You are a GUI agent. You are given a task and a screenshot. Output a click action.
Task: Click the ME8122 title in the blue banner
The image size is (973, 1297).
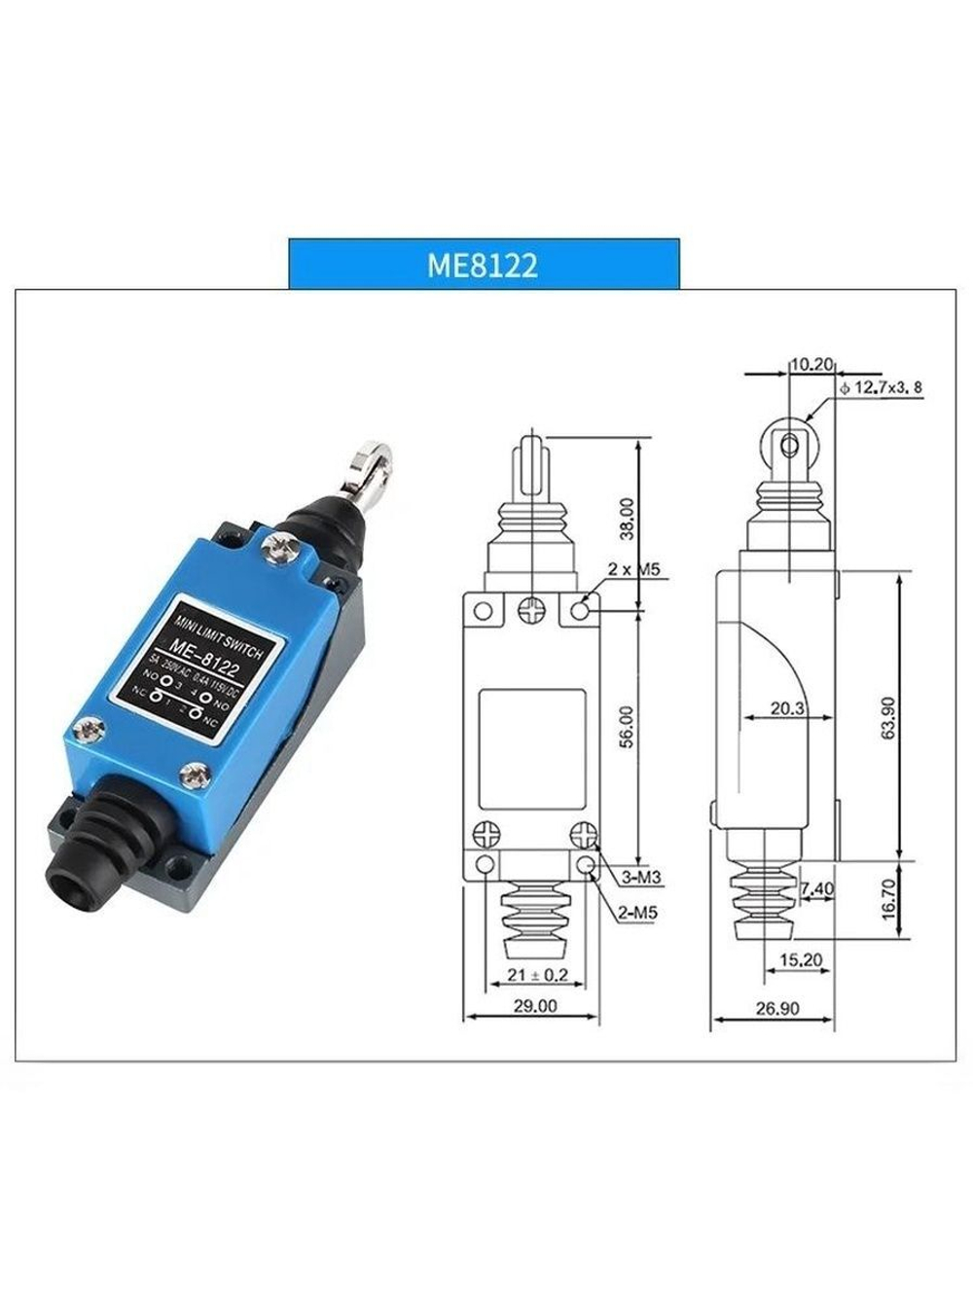(483, 266)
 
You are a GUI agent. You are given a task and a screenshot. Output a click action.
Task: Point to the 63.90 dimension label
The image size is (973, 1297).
(887, 718)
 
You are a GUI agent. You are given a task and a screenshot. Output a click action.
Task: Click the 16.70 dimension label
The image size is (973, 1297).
(887, 901)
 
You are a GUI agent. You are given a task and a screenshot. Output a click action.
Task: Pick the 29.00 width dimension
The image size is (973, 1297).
(534, 1006)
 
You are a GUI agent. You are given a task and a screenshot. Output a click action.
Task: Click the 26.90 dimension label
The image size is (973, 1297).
(776, 1009)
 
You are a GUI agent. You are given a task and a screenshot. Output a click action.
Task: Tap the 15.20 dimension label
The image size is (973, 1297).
(800, 960)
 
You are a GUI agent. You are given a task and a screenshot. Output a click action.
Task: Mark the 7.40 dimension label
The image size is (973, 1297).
(815, 888)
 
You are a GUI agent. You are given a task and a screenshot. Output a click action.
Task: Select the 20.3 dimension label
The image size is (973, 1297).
(787, 709)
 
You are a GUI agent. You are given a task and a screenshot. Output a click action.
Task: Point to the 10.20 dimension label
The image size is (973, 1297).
(811, 365)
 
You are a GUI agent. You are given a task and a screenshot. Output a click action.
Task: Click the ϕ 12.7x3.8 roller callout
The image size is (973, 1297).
(880, 388)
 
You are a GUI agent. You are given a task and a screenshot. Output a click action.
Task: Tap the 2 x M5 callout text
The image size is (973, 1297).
(633, 568)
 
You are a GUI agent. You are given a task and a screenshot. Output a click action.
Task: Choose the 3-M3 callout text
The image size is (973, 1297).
(641, 878)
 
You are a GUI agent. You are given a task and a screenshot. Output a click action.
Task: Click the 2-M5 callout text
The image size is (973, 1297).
(637, 914)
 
